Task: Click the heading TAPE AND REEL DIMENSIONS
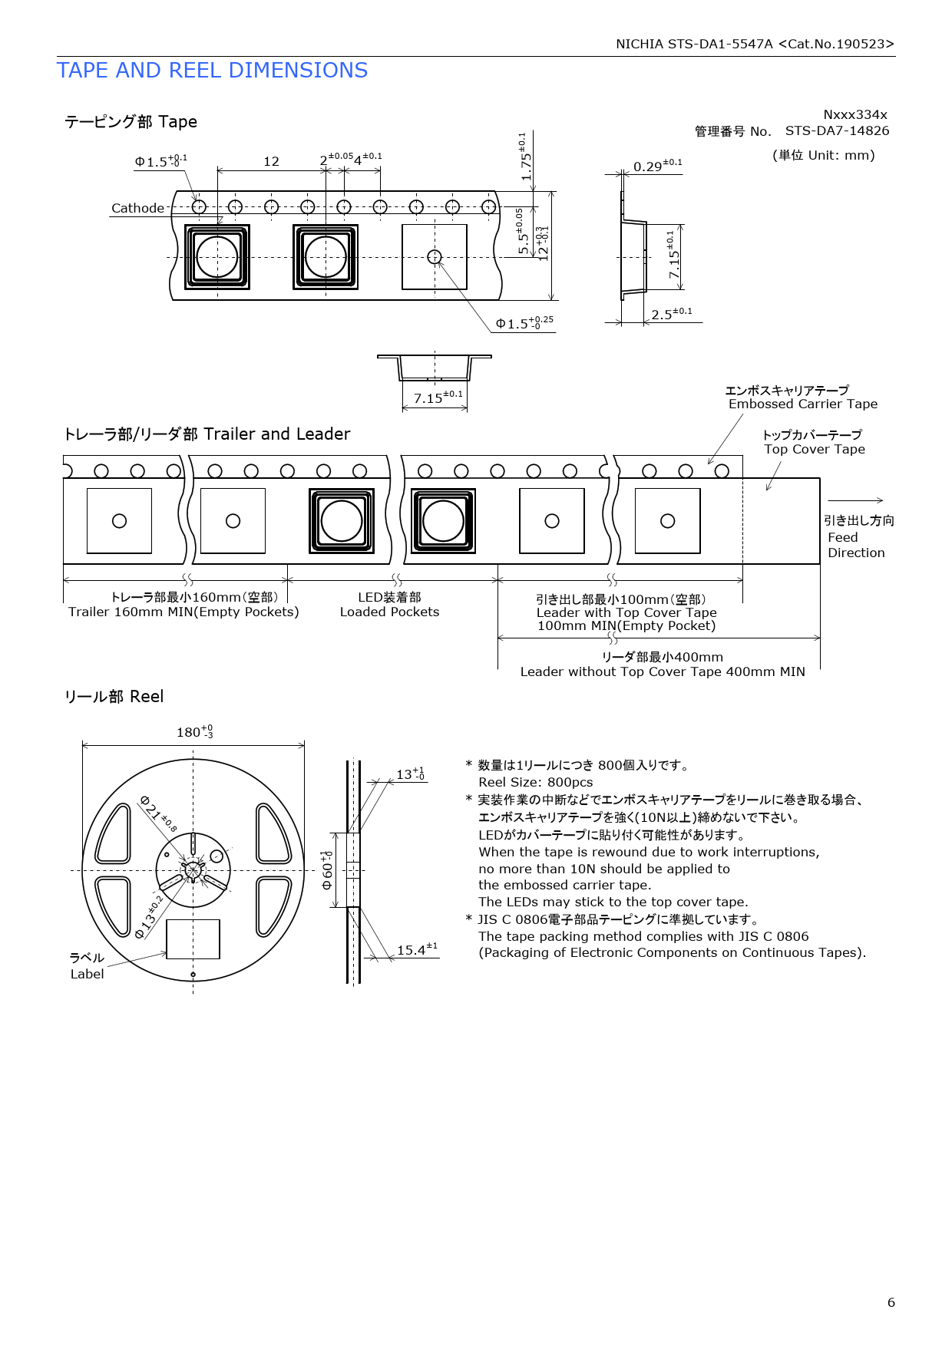(212, 71)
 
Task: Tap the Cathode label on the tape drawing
(137, 208)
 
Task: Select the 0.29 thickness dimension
(657, 166)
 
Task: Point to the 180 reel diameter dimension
(195, 731)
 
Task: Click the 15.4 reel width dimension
(417, 949)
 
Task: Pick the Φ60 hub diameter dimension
(327, 870)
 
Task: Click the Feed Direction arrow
(855, 500)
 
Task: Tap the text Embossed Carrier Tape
(803, 404)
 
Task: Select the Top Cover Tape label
(815, 449)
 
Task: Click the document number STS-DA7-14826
(837, 130)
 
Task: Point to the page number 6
(891, 1302)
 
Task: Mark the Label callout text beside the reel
(87, 974)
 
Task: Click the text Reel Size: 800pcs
(536, 782)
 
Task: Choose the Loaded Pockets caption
(389, 612)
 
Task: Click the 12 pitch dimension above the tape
(271, 161)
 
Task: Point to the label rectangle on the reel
(193, 939)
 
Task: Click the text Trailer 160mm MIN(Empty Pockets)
(183, 612)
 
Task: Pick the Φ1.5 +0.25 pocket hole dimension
(524, 322)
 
